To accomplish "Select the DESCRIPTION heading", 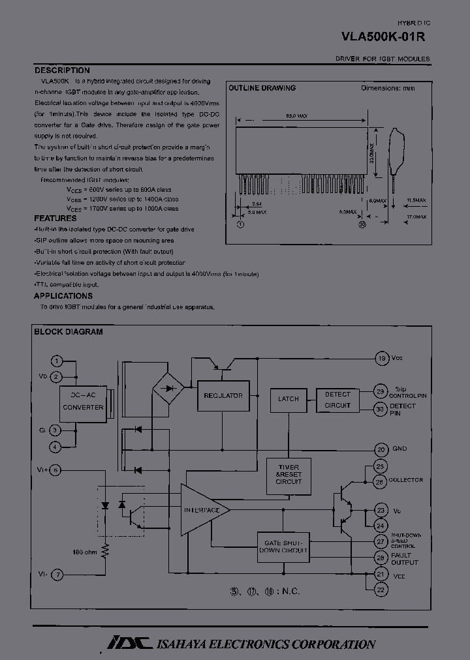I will click(62, 70).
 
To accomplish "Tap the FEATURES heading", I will click(55, 218).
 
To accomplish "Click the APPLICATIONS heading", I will click(63, 295).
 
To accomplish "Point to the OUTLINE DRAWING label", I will click(261, 88).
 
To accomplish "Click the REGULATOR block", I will click(223, 396).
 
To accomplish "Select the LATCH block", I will click(288, 399).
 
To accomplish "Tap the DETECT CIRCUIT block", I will click(337, 400).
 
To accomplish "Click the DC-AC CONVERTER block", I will click(83, 402).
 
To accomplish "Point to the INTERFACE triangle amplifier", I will click(202, 509).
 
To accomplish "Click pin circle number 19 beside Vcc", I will click(381, 358).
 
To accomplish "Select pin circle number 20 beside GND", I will click(381, 449).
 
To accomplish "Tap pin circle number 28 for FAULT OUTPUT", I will click(381, 558).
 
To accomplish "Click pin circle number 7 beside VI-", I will click(57, 575).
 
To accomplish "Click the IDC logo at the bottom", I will click(130, 642).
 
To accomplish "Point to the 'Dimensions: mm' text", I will click(388, 88).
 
